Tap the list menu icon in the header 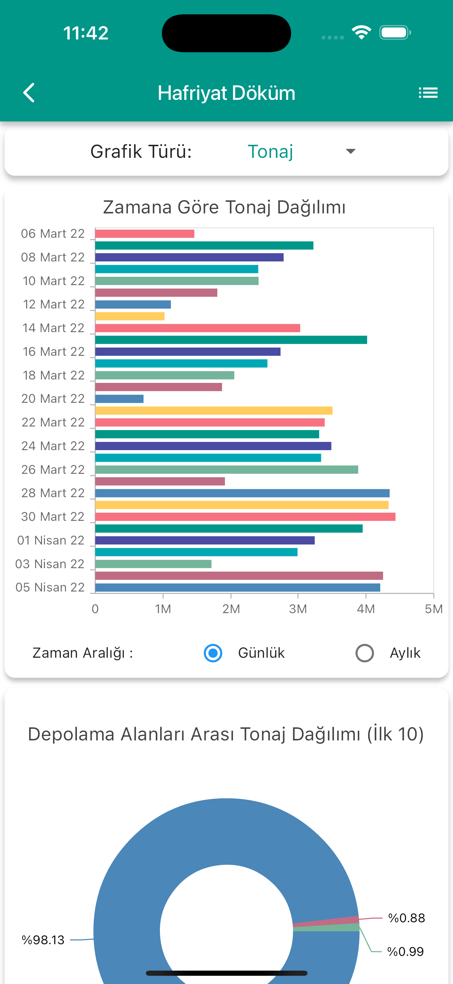click(428, 93)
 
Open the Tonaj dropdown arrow click(350, 151)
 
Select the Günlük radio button click(213, 653)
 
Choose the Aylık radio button click(364, 653)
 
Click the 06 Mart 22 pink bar click(145, 233)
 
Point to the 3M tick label click(298, 609)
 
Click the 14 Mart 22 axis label click(54, 328)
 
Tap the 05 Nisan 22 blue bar click(237, 587)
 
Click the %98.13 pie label click(43, 940)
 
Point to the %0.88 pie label click(406, 918)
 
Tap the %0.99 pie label click(405, 951)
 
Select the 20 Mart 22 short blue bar click(119, 399)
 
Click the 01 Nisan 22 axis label click(51, 540)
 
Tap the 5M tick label click(433, 609)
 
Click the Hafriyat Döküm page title click(226, 93)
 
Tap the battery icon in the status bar click(395, 33)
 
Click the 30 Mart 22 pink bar click(245, 517)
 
